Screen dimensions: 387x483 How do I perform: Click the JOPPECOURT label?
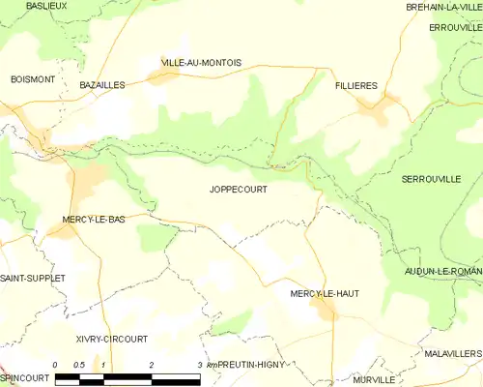coord(238,190)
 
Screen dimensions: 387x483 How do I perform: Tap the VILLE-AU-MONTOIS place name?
coord(201,63)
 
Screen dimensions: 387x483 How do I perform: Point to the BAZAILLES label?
coord(102,85)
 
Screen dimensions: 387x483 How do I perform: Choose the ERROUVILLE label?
coord(455,27)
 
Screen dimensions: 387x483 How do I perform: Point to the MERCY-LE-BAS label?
coord(93,220)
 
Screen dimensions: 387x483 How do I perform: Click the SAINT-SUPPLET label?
coord(33,278)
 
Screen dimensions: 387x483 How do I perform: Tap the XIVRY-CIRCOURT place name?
coord(112,339)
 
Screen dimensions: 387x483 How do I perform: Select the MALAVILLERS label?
coord(452,355)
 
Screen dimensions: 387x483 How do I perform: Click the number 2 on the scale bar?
coord(152,365)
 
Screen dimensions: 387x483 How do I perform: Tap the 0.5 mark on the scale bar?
coord(79,365)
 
